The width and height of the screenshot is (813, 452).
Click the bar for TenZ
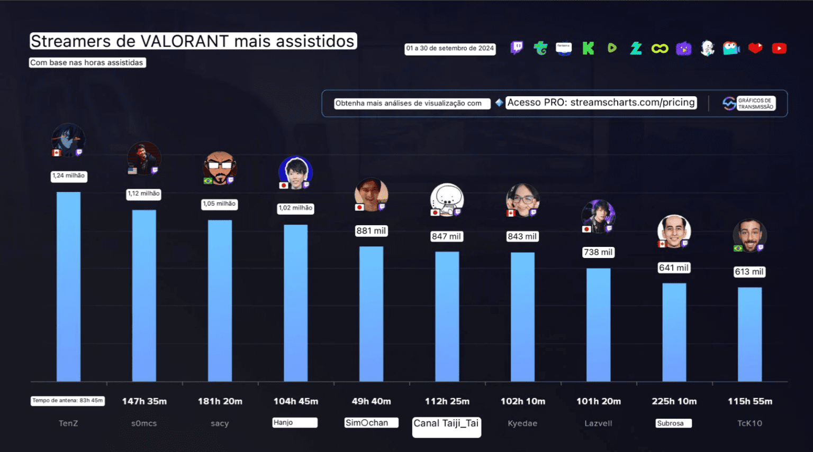click(68, 286)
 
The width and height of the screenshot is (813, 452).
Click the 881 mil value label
click(371, 231)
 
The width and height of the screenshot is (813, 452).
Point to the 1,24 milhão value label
click(69, 176)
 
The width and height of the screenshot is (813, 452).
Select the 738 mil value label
click(598, 252)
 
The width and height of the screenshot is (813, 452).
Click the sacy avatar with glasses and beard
click(220, 168)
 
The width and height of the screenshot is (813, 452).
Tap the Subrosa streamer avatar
click(674, 230)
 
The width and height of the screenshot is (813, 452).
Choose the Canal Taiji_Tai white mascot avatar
click(447, 199)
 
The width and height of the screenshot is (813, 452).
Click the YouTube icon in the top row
click(779, 49)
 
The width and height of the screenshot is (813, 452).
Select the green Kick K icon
click(588, 49)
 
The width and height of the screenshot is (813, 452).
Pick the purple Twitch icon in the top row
click(517, 48)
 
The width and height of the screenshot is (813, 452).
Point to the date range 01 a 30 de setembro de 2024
click(450, 49)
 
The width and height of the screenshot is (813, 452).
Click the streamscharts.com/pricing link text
click(632, 103)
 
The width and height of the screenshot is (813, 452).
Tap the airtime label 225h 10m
click(674, 401)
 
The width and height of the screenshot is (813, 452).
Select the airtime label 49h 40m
click(371, 401)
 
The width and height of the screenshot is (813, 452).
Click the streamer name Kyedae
click(522, 423)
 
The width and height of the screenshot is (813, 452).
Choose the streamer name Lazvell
click(598, 423)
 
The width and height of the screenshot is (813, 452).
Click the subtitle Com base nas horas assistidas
click(87, 62)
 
